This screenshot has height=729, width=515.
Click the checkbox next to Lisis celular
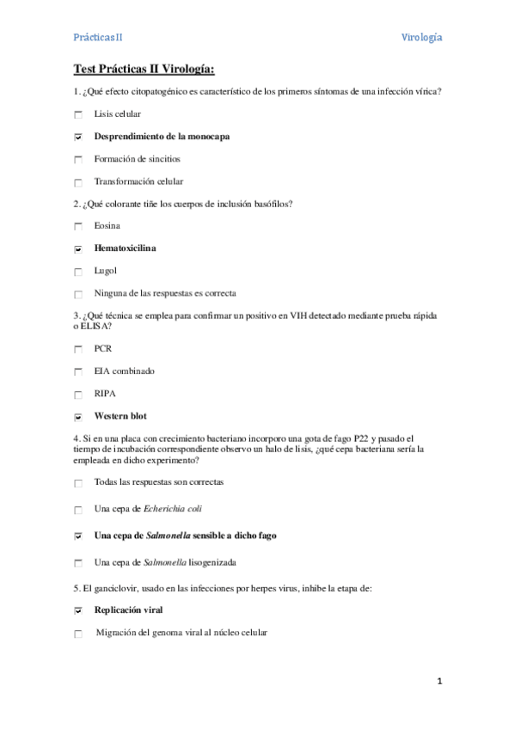(78, 114)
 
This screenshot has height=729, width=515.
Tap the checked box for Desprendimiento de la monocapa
(78, 137)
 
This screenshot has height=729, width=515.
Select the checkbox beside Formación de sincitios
(78, 160)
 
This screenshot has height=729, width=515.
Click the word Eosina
(107, 226)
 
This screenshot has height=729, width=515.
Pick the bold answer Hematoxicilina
(125, 248)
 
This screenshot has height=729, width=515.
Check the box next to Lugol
(78, 272)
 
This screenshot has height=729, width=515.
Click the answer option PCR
(102, 349)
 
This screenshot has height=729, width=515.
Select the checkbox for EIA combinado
(78, 372)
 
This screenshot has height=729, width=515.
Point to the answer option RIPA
(105, 394)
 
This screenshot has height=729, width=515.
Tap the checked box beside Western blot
(78, 417)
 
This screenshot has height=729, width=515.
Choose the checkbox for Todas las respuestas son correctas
(78, 483)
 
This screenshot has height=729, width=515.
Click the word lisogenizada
(205, 562)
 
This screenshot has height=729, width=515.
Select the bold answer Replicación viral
(128, 610)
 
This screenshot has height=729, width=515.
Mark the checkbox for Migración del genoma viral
(78, 634)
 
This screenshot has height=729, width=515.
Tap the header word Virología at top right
(422, 37)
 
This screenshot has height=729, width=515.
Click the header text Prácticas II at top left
(97, 37)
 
